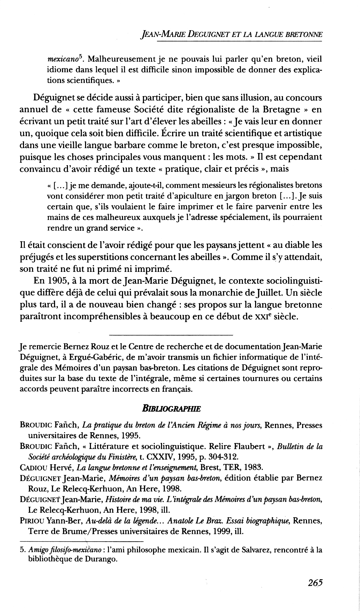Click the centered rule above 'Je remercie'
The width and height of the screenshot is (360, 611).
[170, 335]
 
